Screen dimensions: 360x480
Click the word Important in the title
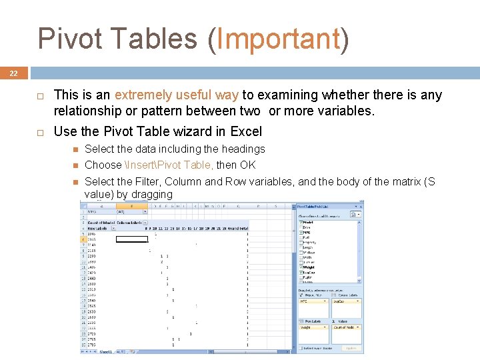pyautogui.click(x=279, y=39)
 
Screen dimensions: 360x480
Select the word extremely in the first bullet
pyautogui.click(x=143, y=95)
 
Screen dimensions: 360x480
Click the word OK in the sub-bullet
pyautogui.click(x=248, y=165)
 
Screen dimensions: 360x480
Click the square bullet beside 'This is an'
pyautogui.click(x=39, y=95)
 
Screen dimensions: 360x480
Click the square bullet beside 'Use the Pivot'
pyautogui.click(x=39, y=131)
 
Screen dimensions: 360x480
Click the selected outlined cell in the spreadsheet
pyautogui.click(x=132, y=238)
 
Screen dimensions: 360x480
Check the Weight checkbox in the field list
pyautogui.click(x=300, y=267)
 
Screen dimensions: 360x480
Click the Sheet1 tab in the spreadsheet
pyautogui.click(x=105, y=351)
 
